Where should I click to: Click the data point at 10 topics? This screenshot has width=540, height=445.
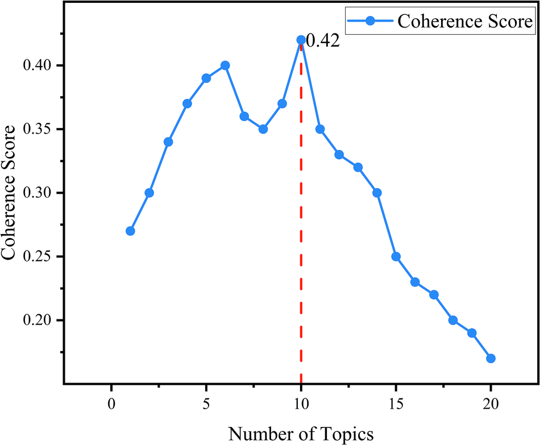(301, 40)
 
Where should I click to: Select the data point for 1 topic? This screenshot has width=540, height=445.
(130, 231)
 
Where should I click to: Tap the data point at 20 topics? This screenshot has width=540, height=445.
(491, 358)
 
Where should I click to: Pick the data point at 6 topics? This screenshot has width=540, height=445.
(225, 65)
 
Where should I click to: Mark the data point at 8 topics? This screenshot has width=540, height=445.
(263, 129)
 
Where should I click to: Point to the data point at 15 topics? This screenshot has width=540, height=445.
(396, 256)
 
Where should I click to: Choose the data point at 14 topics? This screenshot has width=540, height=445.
(377, 193)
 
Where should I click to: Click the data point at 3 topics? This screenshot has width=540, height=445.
(168, 142)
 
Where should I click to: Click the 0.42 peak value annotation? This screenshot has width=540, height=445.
(322, 41)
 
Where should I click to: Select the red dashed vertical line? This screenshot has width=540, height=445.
(301, 227)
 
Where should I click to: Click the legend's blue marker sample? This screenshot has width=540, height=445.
(371, 22)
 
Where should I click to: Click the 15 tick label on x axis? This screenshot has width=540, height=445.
(396, 404)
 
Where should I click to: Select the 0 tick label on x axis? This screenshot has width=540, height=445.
(111, 404)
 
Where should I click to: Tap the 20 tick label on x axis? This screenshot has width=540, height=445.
(491, 404)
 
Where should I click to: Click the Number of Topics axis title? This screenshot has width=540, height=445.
(301, 434)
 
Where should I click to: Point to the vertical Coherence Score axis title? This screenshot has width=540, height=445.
(10, 193)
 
